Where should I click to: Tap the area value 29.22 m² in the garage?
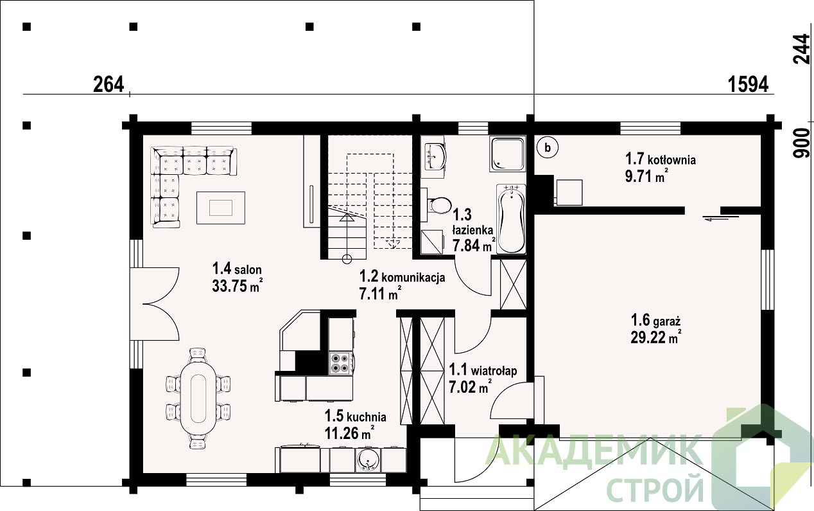(655, 338)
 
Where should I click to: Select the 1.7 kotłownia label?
(661, 159)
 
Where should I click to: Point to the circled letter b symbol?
(548, 148)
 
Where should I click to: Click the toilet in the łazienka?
(438, 206)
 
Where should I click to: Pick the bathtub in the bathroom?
(512, 219)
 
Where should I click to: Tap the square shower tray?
(507, 154)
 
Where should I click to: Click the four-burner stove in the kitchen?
(340, 363)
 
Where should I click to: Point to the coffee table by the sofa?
(221, 208)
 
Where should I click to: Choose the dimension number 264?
(108, 84)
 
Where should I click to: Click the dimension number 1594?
(749, 84)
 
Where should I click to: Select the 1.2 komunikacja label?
(403, 277)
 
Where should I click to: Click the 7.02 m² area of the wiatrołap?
(471, 386)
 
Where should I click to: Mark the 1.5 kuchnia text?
(355, 416)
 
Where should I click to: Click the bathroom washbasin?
(435, 156)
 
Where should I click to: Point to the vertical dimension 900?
(801, 143)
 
